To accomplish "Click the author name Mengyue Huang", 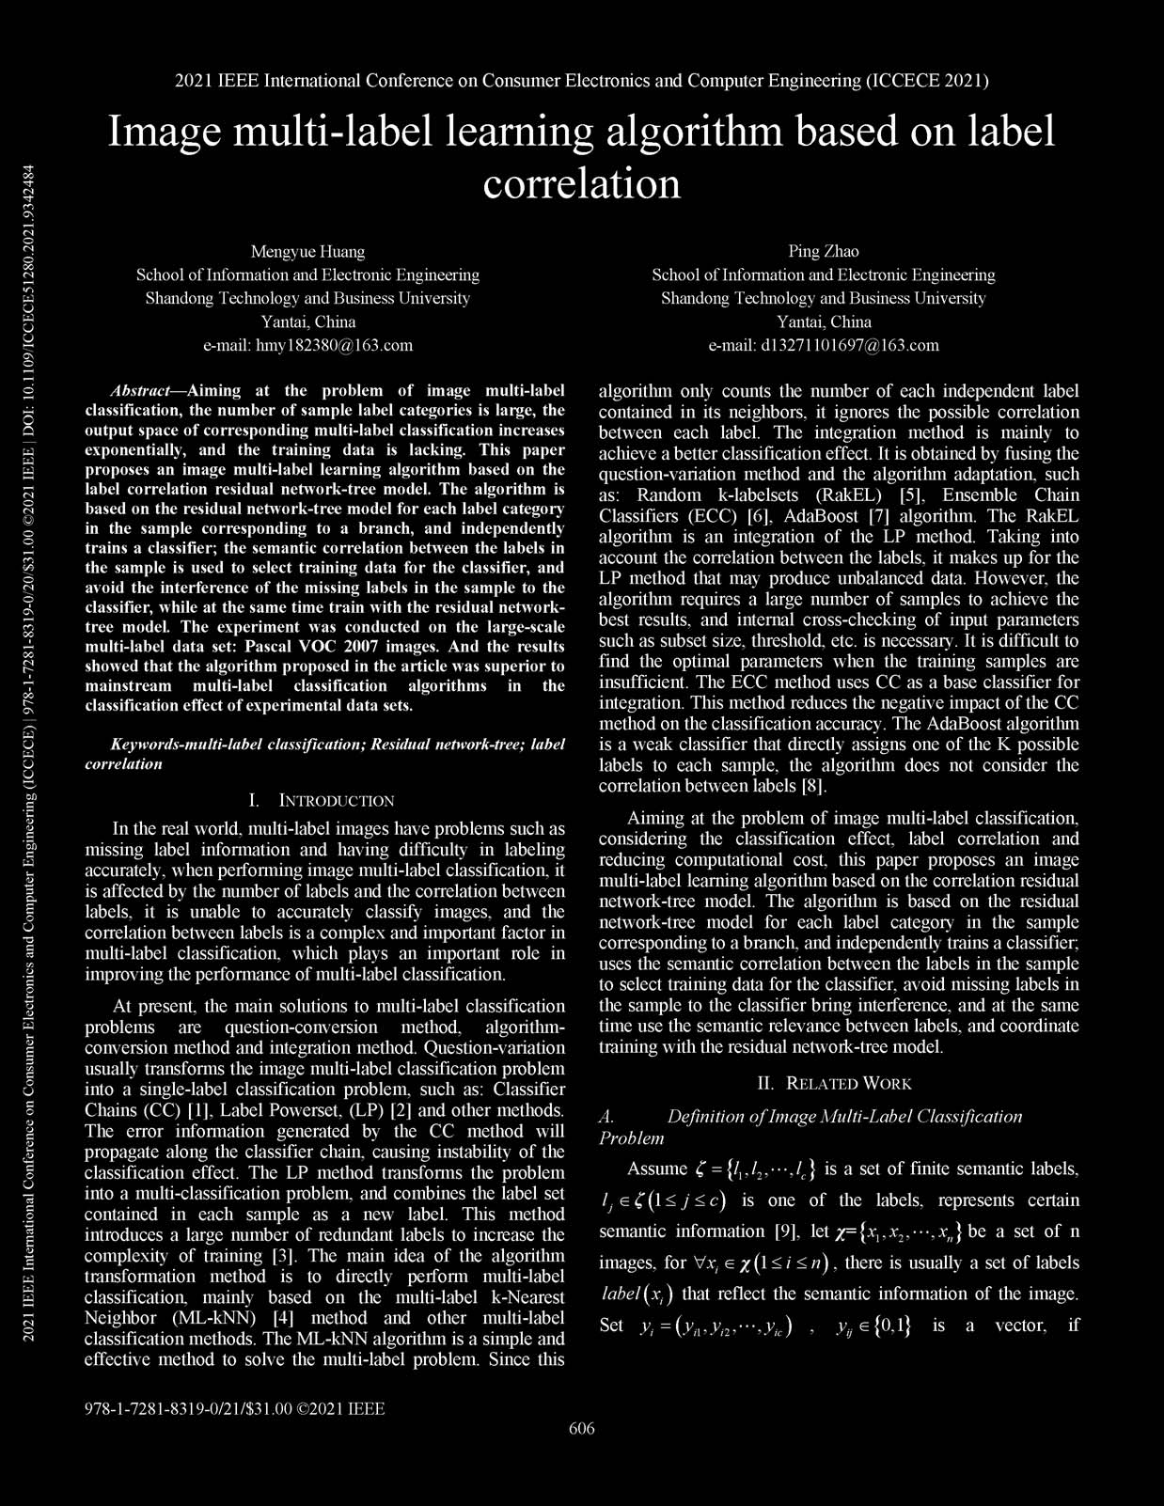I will [307, 252].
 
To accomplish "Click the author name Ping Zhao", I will [823, 252].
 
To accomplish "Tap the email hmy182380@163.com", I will [307, 345].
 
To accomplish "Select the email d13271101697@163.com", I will [823, 345].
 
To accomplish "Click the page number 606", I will [582, 1429].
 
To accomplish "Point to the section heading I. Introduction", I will [322, 801].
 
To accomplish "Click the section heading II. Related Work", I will [835, 1083].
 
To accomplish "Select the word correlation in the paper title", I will [582, 183].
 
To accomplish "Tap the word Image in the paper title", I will [165, 132].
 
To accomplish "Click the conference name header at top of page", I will [582, 81].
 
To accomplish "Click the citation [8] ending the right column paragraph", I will [811, 786].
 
